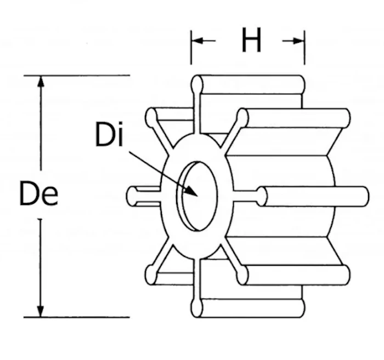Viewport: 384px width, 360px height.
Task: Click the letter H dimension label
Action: pyautogui.click(x=251, y=40)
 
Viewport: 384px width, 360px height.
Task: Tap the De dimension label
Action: pyautogui.click(x=39, y=193)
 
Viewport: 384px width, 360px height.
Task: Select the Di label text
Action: pyautogui.click(x=109, y=134)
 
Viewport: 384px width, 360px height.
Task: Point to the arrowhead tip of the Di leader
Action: pyautogui.click(x=197, y=196)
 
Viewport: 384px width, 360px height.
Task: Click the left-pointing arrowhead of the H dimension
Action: pyautogui.click(x=197, y=41)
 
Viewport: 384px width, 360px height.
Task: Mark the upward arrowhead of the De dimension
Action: pyautogui.click(x=41, y=82)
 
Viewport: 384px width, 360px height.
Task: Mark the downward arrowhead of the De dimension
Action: pyautogui.click(x=41, y=311)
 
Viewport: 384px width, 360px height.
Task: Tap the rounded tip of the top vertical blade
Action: pyautogui.click(x=197, y=84)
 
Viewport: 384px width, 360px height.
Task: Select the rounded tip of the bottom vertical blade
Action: pyautogui.click(x=196, y=308)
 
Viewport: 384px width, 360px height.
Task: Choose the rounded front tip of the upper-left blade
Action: pyautogui.click(x=151, y=117)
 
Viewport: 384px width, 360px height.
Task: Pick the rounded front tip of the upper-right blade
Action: pyautogui.click(x=242, y=118)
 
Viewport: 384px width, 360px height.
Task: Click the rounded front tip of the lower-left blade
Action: pyautogui.click(x=151, y=276)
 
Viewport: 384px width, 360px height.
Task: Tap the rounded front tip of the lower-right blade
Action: pyautogui.click(x=242, y=276)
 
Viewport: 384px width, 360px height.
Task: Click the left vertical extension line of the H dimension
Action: pyautogui.click(x=191, y=48)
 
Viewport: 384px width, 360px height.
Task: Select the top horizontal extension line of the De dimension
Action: pyautogui.click(x=77, y=75)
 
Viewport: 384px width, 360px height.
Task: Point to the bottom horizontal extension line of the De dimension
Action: pyautogui.click(x=77, y=317)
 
